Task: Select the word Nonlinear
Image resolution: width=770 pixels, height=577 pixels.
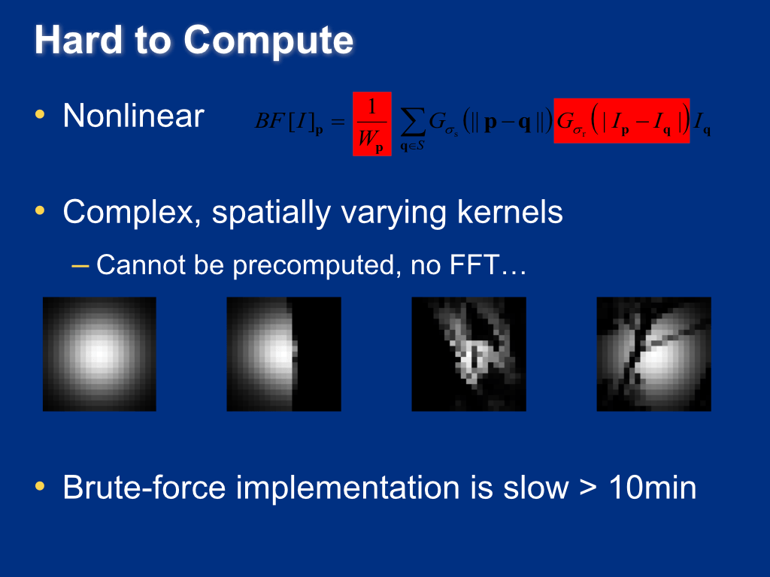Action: click(x=134, y=116)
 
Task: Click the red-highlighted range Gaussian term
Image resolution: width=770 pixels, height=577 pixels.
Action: click(x=622, y=121)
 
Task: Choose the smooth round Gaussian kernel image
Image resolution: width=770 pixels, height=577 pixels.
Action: click(x=99, y=354)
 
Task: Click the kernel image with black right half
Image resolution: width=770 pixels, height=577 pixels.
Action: click(x=283, y=354)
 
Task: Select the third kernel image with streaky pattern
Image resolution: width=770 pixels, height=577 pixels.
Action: click(x=468, y=354)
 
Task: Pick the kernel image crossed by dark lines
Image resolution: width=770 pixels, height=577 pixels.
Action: click(x=653, y=354)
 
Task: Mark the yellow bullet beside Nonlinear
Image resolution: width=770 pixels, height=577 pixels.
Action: click(x=39, y=115)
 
